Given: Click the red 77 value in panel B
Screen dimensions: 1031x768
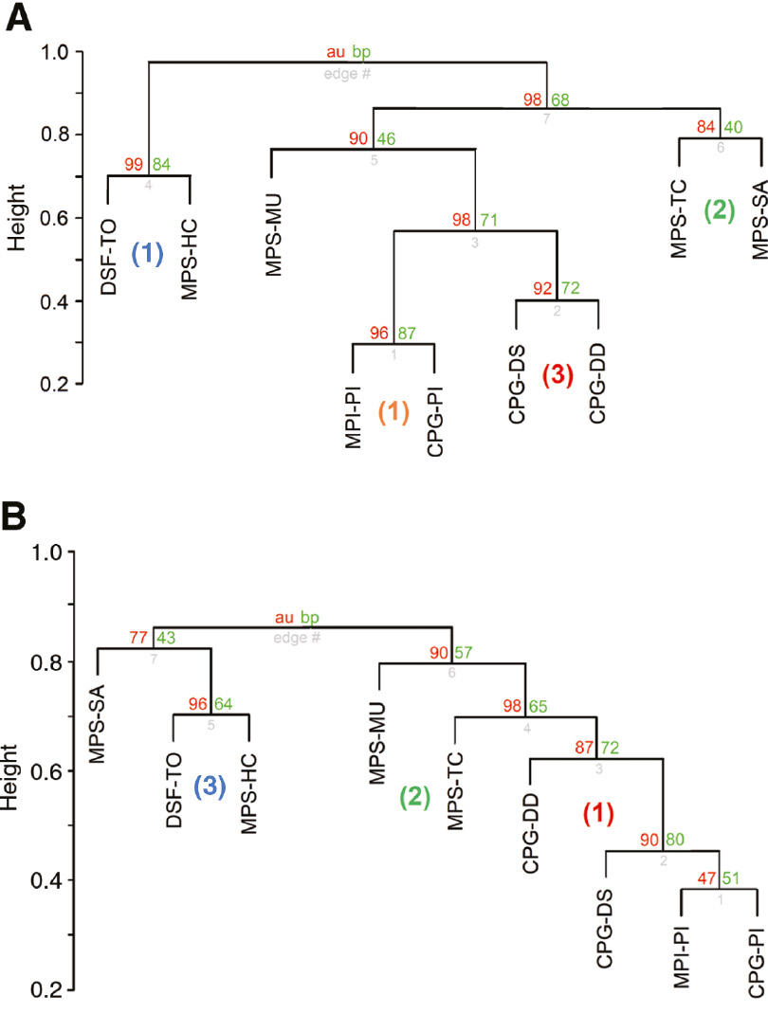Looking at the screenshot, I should [x=139, y=638].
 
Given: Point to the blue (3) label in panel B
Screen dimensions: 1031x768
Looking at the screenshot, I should [x=210, y=788].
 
